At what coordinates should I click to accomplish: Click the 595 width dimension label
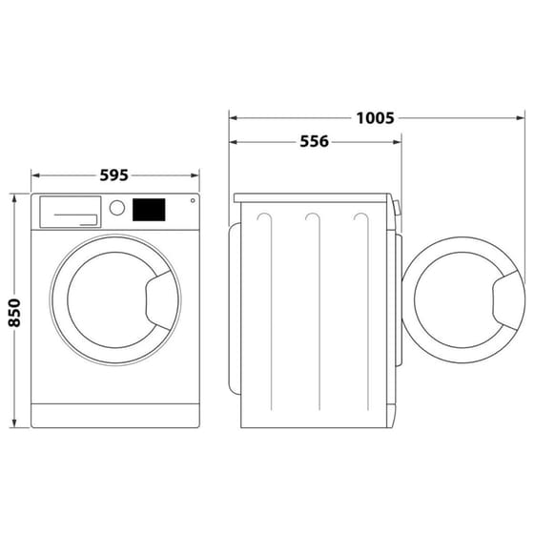113,175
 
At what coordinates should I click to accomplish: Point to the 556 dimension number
314,142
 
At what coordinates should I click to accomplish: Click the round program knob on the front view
117,208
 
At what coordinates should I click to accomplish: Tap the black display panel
149,208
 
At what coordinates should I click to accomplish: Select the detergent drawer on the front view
69,212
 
